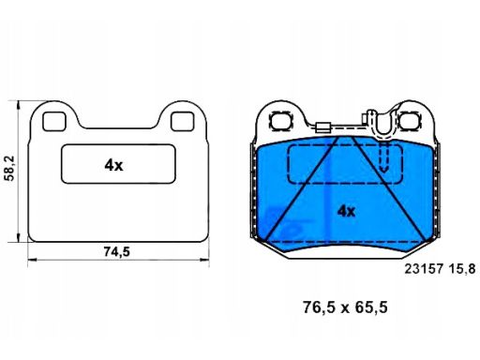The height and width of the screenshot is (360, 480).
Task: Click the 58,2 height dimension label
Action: (x=10, y=169)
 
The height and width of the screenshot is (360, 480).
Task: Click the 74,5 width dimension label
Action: (x=116, y=251)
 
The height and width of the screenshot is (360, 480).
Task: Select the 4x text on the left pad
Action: (x=113, y=165)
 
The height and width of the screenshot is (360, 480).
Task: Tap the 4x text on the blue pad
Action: (x=346, y=212)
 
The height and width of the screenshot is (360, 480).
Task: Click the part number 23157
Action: (x=424, y=269)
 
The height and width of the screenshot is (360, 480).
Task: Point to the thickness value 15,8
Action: (x=462, y=269)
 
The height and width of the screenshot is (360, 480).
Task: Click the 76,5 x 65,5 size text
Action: (x=345, y=307)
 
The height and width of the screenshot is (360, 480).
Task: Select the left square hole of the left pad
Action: (x=54, y=121)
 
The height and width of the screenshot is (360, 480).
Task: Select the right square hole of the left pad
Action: (x=183, y=121)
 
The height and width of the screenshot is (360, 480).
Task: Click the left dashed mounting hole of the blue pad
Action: (x=281, y=121)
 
